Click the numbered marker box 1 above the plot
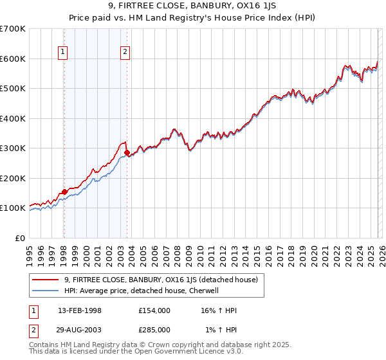coord(64,53)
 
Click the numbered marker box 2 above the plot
coord(125,53)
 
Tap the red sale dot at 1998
coord(64,192)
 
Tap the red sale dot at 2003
coord(127,153)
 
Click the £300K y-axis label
coord(13,148)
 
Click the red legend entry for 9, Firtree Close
coord(161,280)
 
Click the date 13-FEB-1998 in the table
coord(80,310)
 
